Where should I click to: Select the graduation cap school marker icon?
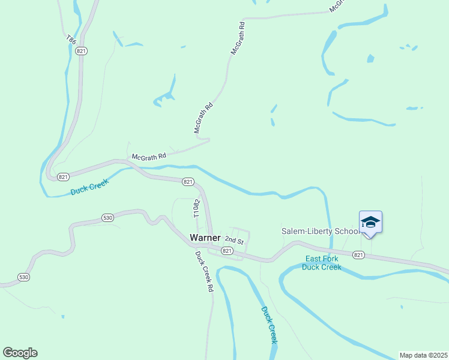(x=370, y=223)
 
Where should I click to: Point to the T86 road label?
(x=71, y=40)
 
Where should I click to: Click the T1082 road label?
(x=196, y=208)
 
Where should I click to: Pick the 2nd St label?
(x=235, y=241)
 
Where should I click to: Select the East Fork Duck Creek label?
(x=321, y=263)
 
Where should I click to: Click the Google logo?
(x=20, y=353)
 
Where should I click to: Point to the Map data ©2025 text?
(x=423, y=355)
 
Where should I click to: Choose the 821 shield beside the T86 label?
(x=82, y=52)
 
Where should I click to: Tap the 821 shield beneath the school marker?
(x=358, y=255)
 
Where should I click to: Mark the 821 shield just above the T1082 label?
(x=187, y=182)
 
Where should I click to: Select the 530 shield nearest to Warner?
(x=107, y=218)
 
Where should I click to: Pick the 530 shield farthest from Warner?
(x=23, y=277)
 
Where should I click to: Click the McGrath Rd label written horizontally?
(x=148, y=157)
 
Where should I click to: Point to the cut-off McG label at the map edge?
(x=337, y=5)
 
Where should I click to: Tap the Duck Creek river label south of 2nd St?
(x=270, y=325)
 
